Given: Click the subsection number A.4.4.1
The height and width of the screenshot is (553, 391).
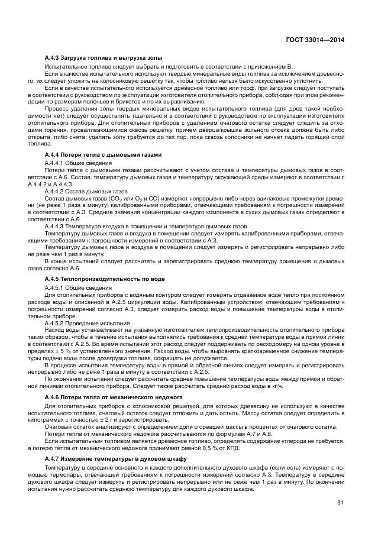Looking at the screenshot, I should coord(55,161).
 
